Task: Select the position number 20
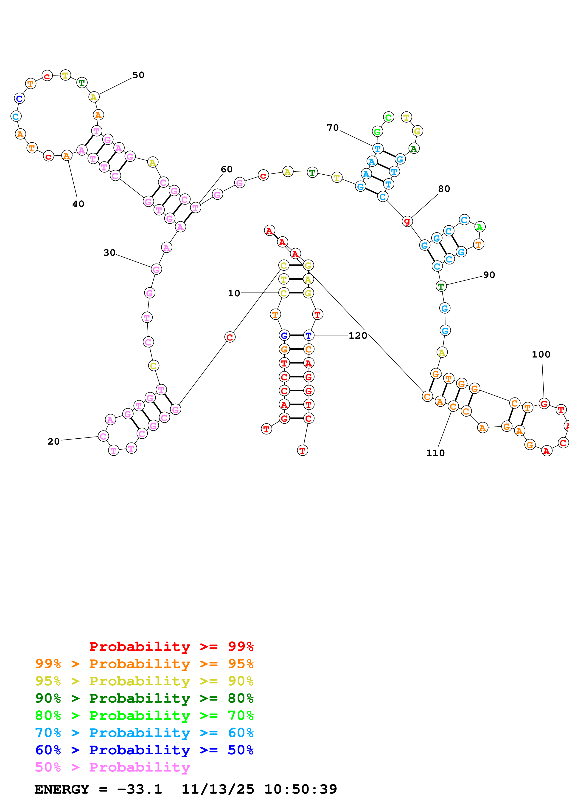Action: click(x=53, y=441)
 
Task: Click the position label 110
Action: click(x=435, y=453)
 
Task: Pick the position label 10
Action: click(x=234, y=293)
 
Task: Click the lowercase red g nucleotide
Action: click(x=407, y=221)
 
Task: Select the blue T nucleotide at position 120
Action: click(x=308, y=335)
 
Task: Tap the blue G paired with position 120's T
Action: click(x=284, y=335)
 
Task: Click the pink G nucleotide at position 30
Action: click(x=156, y=269)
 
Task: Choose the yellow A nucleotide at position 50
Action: click(x=94, y=97)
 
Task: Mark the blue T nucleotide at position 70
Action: click(x=377, y=148)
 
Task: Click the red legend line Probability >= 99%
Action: click(x=171, y=646)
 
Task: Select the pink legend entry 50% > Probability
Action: click(x=112, y=767)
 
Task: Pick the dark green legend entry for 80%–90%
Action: click(x=144, y=698)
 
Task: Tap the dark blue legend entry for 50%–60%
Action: click(x=144, y=750)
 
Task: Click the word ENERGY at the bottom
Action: click(x=62, y=789)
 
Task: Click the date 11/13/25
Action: click(x=217, y=789)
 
